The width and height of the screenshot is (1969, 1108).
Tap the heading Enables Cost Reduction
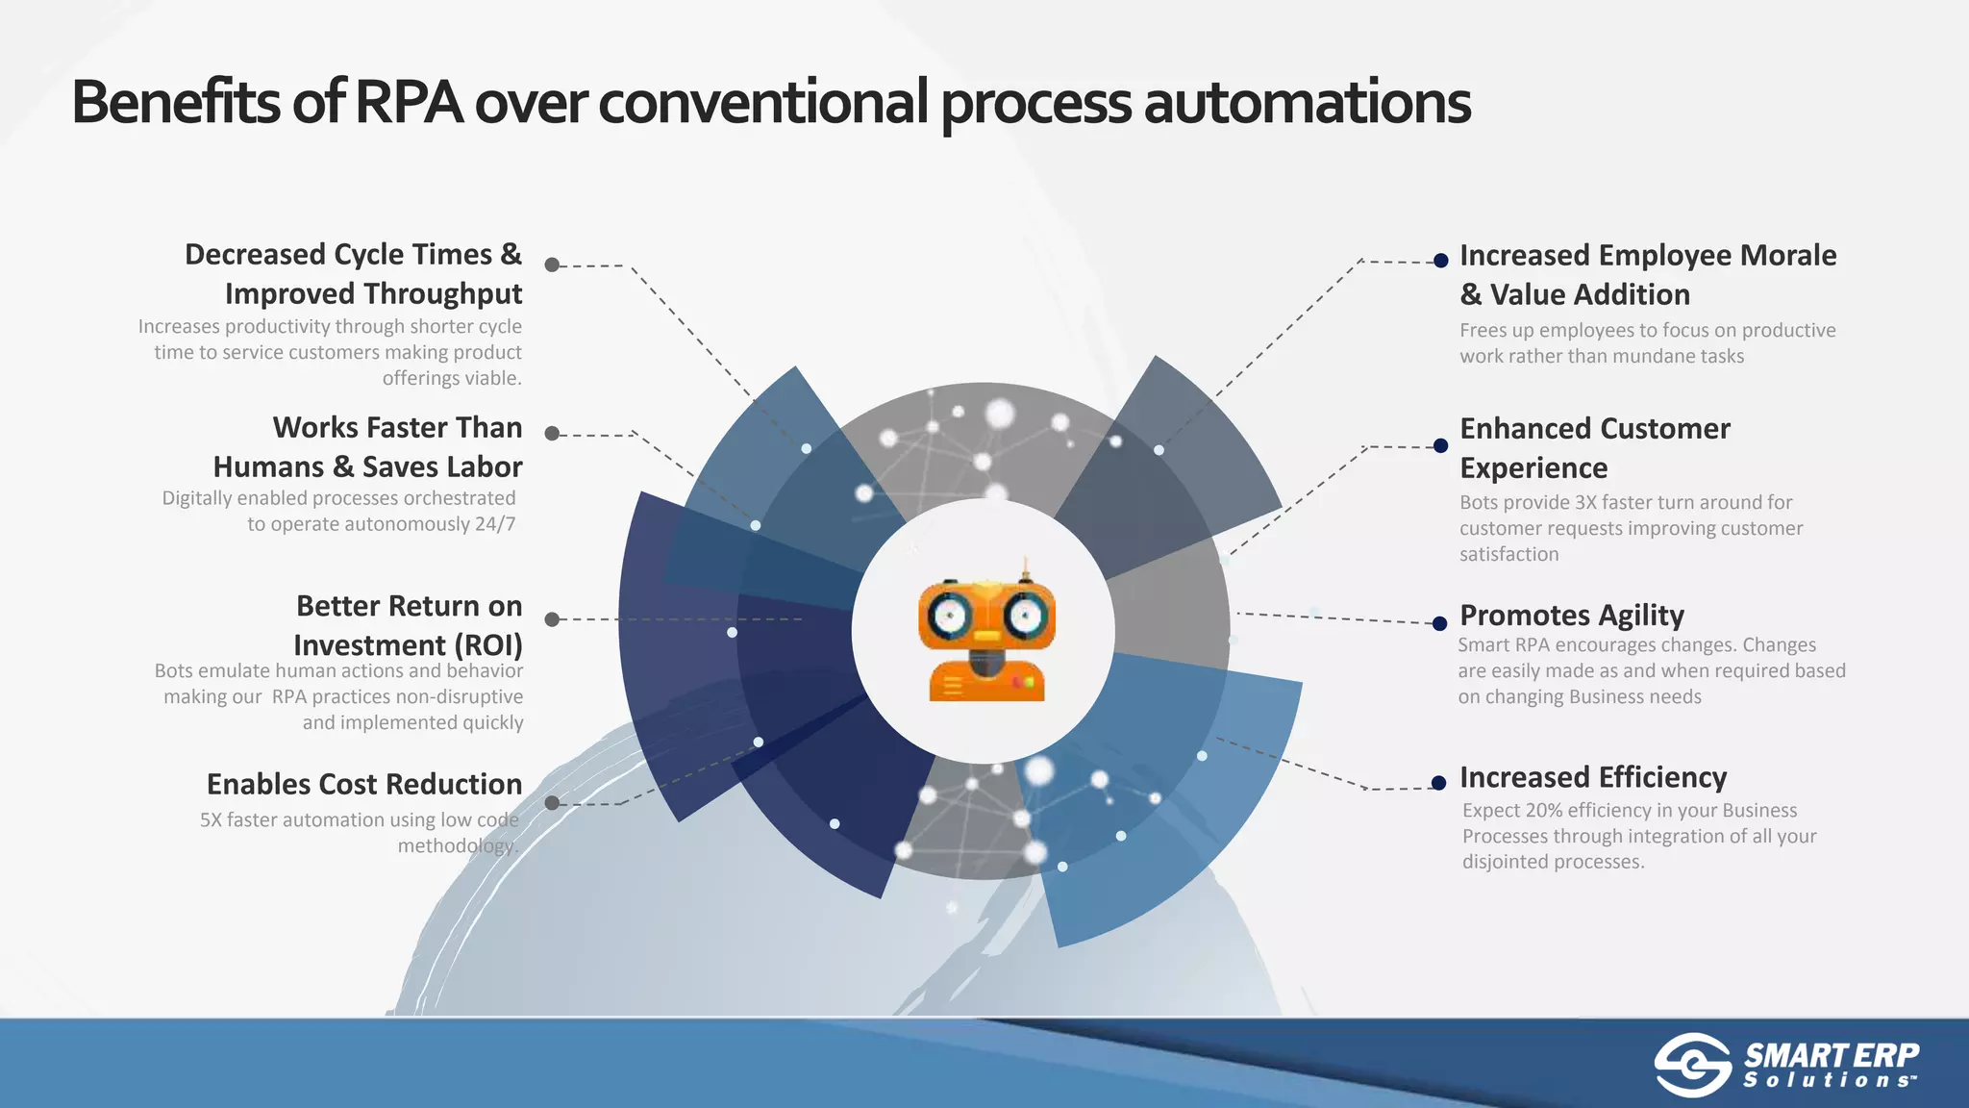coord(364,785)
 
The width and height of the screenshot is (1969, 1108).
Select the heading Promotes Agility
coord(1571,616)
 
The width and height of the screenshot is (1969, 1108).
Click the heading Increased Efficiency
coord(1592,777)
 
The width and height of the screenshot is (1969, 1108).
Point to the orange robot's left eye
coord(950,617)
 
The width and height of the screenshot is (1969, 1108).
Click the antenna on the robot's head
coord(1025,568)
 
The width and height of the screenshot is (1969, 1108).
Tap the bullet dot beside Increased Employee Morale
coord(1440,261)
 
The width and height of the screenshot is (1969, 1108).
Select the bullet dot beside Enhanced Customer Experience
coord(1440,446)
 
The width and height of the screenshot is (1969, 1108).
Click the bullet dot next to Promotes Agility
coord(1439,624)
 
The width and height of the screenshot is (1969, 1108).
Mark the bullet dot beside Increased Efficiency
coord(1438,783)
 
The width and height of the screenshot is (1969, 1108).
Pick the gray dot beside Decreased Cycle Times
coord(552,264)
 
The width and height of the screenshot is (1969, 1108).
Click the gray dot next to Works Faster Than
coord(552,434)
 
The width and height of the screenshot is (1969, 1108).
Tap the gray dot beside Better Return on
coord(552,619)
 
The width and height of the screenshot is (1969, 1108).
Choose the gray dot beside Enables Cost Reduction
coord(552,803)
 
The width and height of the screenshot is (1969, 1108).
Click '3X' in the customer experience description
coord(1586,503)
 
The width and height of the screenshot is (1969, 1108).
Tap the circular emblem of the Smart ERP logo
coord(1692,1065)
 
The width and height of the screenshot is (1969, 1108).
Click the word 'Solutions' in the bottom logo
coord(1829,1081)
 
